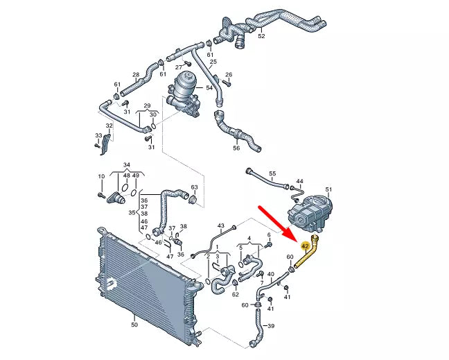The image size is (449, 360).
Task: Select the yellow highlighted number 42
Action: pos(305,246)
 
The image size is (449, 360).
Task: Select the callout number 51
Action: pos(329,189)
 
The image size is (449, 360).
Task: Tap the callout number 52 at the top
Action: pos(261,35)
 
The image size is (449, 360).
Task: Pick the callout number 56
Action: pos(236,148)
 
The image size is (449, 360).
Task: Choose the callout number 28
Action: pos(136,75)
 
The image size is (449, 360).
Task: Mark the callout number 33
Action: pos(98,136)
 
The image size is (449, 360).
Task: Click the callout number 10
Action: pos(101,176)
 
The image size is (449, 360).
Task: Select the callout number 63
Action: pos(194,187)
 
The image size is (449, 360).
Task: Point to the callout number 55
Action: pos(272,173)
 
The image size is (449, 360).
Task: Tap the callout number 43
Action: pos(221,226)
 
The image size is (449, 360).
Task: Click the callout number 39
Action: pos(271,326)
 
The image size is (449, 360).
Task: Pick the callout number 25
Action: pos(213,62)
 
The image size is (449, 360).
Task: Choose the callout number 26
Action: pos(229,74)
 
